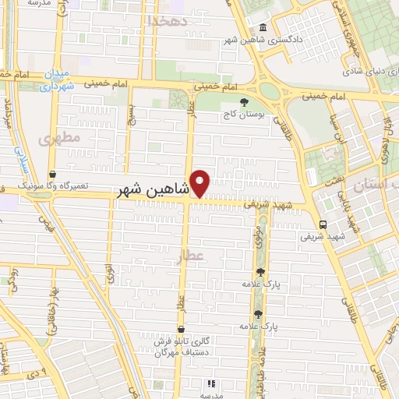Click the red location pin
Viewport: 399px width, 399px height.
pyautogui.click(x=201, y=184)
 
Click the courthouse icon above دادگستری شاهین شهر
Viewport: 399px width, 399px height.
pyautogui.click(x=263, y=29)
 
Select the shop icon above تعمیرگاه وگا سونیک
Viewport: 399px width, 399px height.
pyautogui.click(x=51, y=175)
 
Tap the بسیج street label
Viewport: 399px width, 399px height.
pyautogui.click(x=132, y=116)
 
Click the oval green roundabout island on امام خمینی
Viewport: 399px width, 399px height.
pyautogui.click(x=270, y=90)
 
